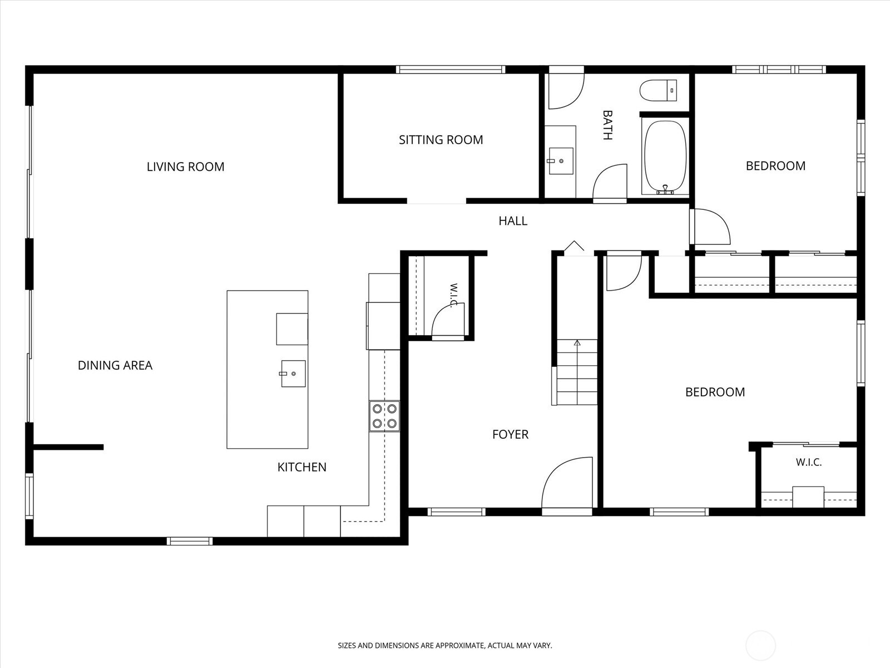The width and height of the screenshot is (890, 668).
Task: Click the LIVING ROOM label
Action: (185, 166)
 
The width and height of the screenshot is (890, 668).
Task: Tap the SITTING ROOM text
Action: (441, 140)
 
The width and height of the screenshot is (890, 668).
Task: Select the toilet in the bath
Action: (658, 90)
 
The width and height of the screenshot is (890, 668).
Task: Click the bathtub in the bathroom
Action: (665, 158)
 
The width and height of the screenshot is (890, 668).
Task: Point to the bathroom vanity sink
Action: (561, 161)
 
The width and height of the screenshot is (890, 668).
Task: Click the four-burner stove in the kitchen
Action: (384, 416)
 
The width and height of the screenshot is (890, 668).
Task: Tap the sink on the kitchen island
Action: (293, 374)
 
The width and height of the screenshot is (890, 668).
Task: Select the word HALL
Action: (513, 221)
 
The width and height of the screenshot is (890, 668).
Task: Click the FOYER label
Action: (510, 434)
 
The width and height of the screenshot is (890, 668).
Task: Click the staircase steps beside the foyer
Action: (577, 372)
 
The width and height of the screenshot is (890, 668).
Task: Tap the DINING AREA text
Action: (115, 365)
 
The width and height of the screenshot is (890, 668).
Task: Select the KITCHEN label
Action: (301, 467)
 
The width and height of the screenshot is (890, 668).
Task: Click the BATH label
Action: (607, 125)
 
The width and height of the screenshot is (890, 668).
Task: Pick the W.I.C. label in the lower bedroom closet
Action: (808, 463)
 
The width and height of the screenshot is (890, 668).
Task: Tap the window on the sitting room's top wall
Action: (451, 70)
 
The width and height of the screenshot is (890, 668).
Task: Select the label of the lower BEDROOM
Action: (715, 392)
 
